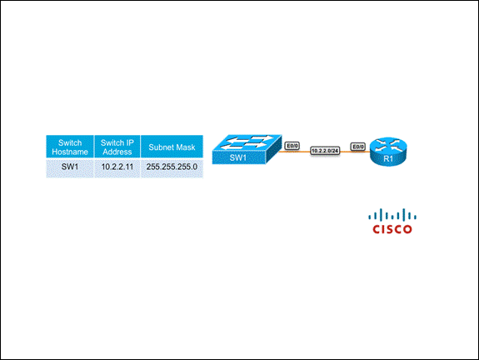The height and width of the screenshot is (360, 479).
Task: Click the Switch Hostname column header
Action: [70, 147]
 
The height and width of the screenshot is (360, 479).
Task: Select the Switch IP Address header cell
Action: [117, 147]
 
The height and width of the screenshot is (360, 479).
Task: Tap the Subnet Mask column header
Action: [172, 147]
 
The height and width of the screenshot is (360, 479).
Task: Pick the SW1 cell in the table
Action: [70, 167]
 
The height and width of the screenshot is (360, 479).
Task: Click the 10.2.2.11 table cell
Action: [117, 167]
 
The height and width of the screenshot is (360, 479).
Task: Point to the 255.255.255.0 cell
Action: [172, 167]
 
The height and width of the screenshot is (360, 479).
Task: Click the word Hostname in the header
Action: [70, 152]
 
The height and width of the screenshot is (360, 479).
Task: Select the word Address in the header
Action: [117, 152]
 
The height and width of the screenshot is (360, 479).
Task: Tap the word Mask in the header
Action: [186, 147]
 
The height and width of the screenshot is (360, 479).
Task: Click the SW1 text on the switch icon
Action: [238, 157]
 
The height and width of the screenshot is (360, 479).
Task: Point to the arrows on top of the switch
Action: [247, 142]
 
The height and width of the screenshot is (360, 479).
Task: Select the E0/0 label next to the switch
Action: [292, 146]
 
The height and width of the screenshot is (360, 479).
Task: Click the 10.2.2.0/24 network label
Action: [325, 151]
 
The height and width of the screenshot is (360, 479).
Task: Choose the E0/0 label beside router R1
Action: [358, 147]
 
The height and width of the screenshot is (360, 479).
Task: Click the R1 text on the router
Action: [388, 158]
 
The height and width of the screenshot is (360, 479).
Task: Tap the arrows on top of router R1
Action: [388, 145]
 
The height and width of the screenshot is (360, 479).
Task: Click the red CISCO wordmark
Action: [392, 229]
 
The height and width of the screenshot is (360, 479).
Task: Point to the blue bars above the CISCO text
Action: [392, 215]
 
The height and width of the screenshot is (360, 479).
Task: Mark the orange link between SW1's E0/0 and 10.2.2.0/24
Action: [296, 152]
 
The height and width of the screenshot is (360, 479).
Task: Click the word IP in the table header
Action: [130, 142]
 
